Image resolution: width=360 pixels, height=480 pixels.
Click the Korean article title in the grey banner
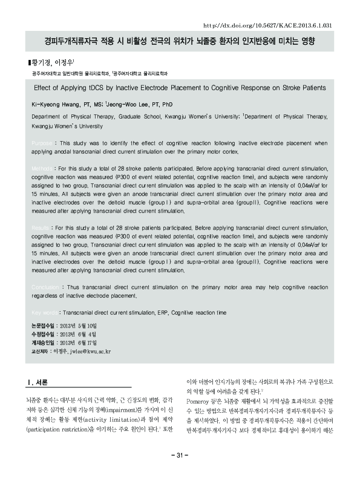(x=180, y=43)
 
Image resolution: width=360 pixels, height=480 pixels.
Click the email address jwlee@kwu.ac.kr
(x=82, y=350)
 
